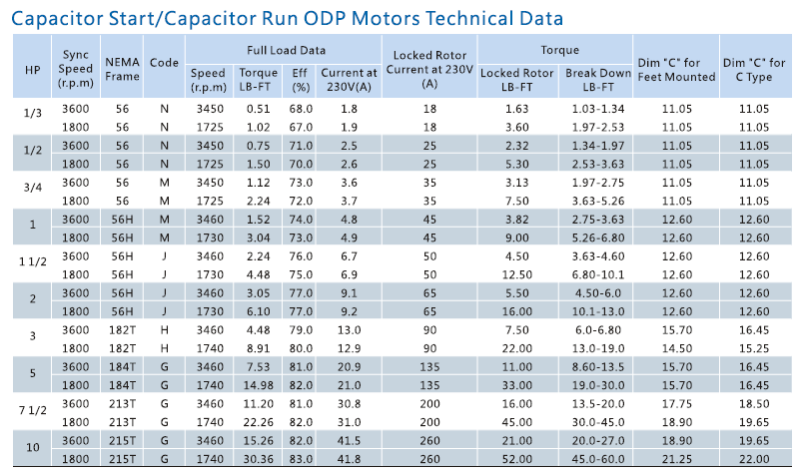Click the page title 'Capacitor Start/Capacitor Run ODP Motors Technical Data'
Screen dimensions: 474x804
click(287, 17)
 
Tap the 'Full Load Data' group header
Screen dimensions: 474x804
click(285, 49)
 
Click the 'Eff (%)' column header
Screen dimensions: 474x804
click(299, 79)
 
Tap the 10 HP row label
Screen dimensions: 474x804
click(32, 448)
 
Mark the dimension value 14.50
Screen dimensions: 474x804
click(676, 347)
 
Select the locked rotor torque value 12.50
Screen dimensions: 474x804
click(516, 274)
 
